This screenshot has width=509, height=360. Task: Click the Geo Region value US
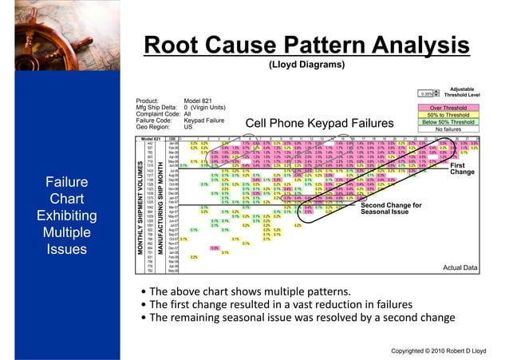coord(188,126)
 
